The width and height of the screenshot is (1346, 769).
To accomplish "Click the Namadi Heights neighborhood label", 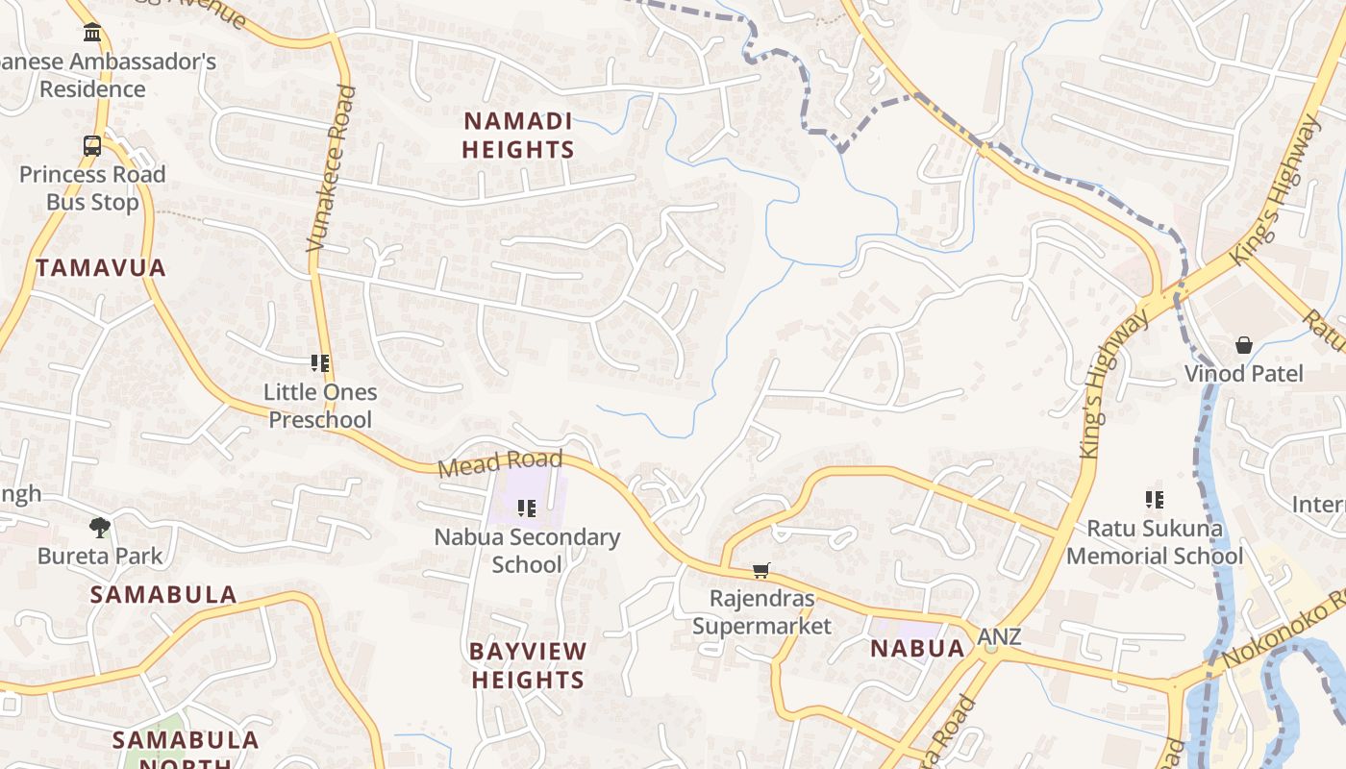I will [x=518, y=136].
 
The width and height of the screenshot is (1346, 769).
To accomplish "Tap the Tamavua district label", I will [x=101, y=268].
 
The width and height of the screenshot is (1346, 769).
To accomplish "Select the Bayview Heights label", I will [x=528, y=665].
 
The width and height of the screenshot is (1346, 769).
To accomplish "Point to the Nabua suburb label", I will [x=917, y=648].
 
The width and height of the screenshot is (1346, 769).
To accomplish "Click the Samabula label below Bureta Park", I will [x=163, y=595].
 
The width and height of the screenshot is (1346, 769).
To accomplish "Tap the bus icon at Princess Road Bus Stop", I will [x=92, y=146].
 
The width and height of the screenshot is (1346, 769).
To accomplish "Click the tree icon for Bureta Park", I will [x=100, y=527].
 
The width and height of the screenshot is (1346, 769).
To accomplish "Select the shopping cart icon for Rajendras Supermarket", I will [x=761, y=571].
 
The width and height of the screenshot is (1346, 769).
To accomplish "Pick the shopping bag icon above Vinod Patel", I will [x=1244, y=345].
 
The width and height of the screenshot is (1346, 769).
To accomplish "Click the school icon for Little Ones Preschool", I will [x=320, y=363].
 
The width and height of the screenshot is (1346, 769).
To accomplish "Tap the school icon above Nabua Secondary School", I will [x=527, y=508].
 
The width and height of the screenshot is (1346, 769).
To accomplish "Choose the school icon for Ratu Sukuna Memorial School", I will [x=1155, y=499].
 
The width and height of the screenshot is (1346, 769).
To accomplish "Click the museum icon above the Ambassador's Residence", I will [x=92, y=33].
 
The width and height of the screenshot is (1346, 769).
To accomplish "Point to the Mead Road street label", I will [x=500, y=463].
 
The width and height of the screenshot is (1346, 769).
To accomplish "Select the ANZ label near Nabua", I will [x=999, y=637].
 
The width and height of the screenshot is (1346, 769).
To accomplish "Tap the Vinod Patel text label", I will [x=1244, y=374].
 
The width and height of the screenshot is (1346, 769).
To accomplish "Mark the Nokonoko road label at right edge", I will [x=1284, y=633].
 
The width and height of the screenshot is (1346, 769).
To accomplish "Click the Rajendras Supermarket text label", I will [x=761, y=612].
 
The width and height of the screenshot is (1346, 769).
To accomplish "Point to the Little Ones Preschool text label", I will [x=320, y=406].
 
